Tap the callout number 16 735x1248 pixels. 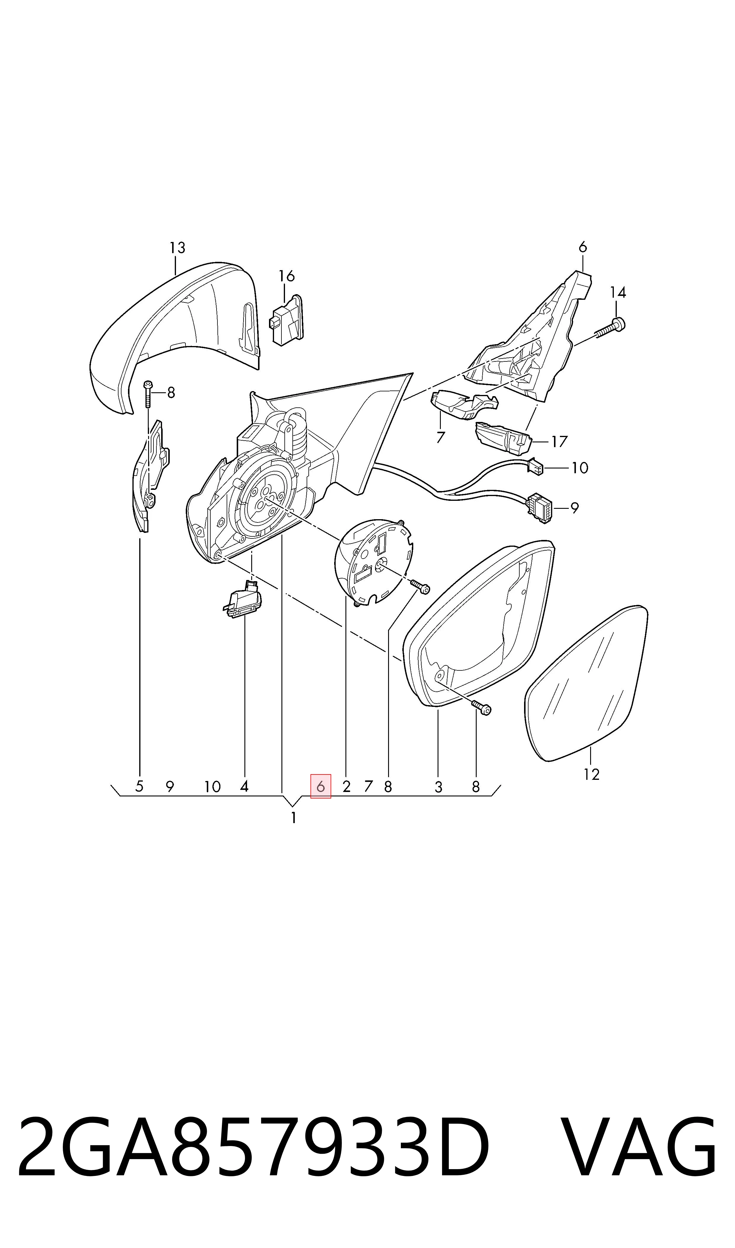(x=286, y=276)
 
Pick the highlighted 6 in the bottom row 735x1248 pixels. (x=321, y=787)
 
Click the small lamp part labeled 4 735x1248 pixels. (x=243, y=599)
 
